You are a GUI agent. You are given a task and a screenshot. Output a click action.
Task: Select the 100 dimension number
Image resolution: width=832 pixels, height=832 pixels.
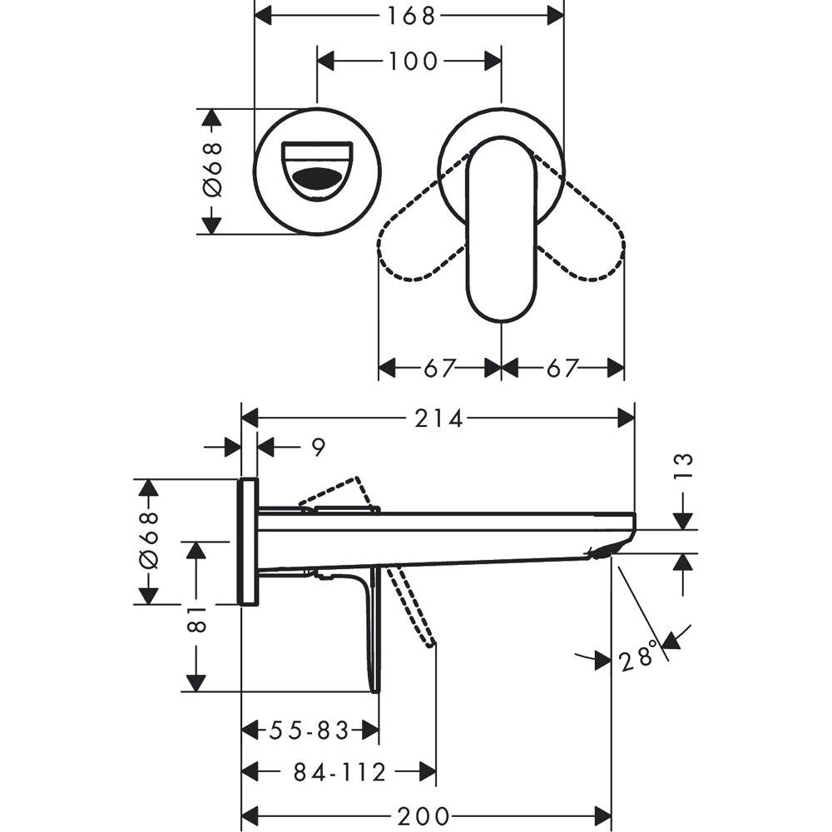[412, 61]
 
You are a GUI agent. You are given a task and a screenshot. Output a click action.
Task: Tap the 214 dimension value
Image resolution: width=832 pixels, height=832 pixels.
[439, 418]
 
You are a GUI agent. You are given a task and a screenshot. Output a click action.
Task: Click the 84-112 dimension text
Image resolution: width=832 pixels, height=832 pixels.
[339, 773]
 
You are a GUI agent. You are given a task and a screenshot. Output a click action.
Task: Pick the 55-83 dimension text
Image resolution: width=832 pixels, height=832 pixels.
[309, 731]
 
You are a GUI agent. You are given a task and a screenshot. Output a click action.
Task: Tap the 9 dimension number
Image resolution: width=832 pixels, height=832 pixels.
[318, 448]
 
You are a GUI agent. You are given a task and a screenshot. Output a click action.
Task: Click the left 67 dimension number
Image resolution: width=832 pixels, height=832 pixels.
[440, 368]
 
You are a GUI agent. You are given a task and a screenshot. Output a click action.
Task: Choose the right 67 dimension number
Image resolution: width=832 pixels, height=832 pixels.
[562, 368]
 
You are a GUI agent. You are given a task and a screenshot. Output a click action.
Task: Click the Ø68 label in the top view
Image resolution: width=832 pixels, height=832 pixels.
[213, 171]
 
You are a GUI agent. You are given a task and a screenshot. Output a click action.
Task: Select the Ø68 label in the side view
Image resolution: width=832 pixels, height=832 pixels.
[148, 542]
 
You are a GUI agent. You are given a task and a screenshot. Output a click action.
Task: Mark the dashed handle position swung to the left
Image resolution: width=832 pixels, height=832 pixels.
[420, 241]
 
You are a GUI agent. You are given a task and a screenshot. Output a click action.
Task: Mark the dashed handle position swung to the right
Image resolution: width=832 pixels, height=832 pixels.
[582, 241]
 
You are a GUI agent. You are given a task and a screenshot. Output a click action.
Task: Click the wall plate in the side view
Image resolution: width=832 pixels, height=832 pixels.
[248, 542]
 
